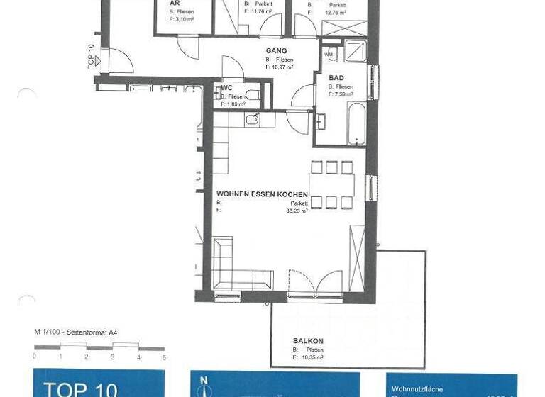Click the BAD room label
(336, 79)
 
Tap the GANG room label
(276, 52)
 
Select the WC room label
(227, 88)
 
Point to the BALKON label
(308, 341)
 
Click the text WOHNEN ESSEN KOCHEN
(262, 194)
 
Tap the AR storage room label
(174, 4)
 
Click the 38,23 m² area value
(297, 211)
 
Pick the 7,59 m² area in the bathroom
(341, 94)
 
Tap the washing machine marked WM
(330, 54)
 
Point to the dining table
(331, 186)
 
